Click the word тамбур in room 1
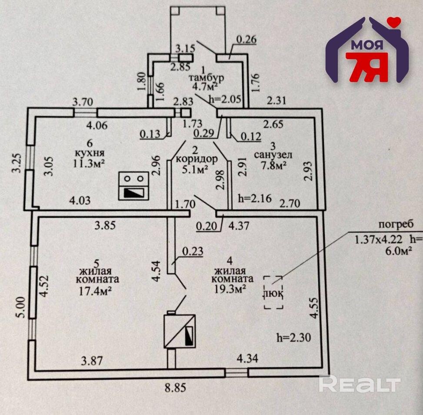207,78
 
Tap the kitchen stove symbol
133,186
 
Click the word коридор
197,159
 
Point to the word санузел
273,155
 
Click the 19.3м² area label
230,289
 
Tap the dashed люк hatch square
273,292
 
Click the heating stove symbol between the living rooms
180,331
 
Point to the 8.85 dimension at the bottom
176,388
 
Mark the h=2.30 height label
294,337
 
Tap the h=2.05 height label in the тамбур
225,99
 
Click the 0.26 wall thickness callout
246,40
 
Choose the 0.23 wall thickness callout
193,251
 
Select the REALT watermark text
360,384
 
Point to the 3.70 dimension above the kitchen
83,102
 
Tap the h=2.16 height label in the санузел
255,199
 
